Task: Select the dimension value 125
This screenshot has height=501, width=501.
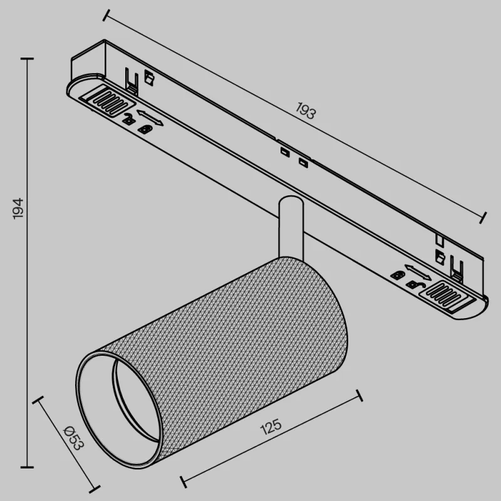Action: [x=271, y=428]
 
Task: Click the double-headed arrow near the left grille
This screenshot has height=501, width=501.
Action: [x=150, y=117]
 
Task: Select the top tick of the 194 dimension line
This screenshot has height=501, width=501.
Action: [x=27, y=59]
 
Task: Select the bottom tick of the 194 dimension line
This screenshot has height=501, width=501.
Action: [x=27, y=467]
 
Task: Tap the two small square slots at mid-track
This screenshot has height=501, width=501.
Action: [x=293, y=157]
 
